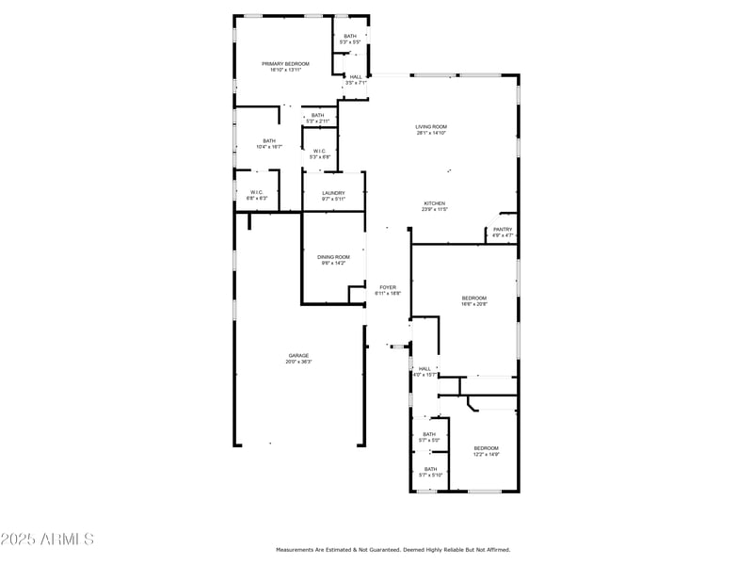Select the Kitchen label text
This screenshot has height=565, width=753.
[x=434, y=203]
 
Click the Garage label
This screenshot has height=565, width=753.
[x=298, y=356]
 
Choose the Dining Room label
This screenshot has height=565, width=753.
[x=333, y=257]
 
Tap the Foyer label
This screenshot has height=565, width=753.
[x=388, y=286]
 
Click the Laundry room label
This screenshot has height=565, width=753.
[x=333, y=193]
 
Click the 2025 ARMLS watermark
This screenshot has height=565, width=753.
[x=47, y=539]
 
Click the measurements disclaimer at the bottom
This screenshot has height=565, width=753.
[x=393, y=549]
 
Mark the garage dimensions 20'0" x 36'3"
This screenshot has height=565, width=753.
[x=298, y=362]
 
